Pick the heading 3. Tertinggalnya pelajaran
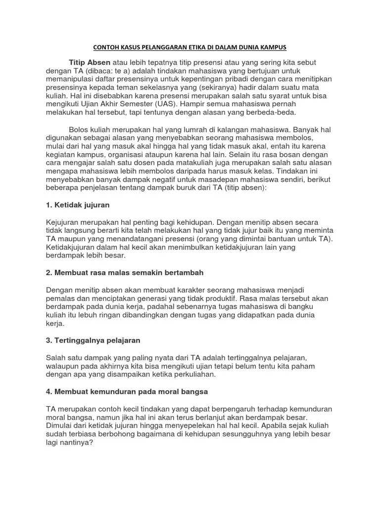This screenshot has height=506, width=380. pyautogui.click(x=93, y=340)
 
